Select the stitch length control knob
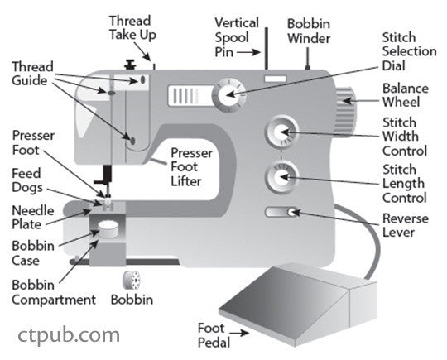tap(281, 176)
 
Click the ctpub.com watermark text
tap(69, 334)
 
